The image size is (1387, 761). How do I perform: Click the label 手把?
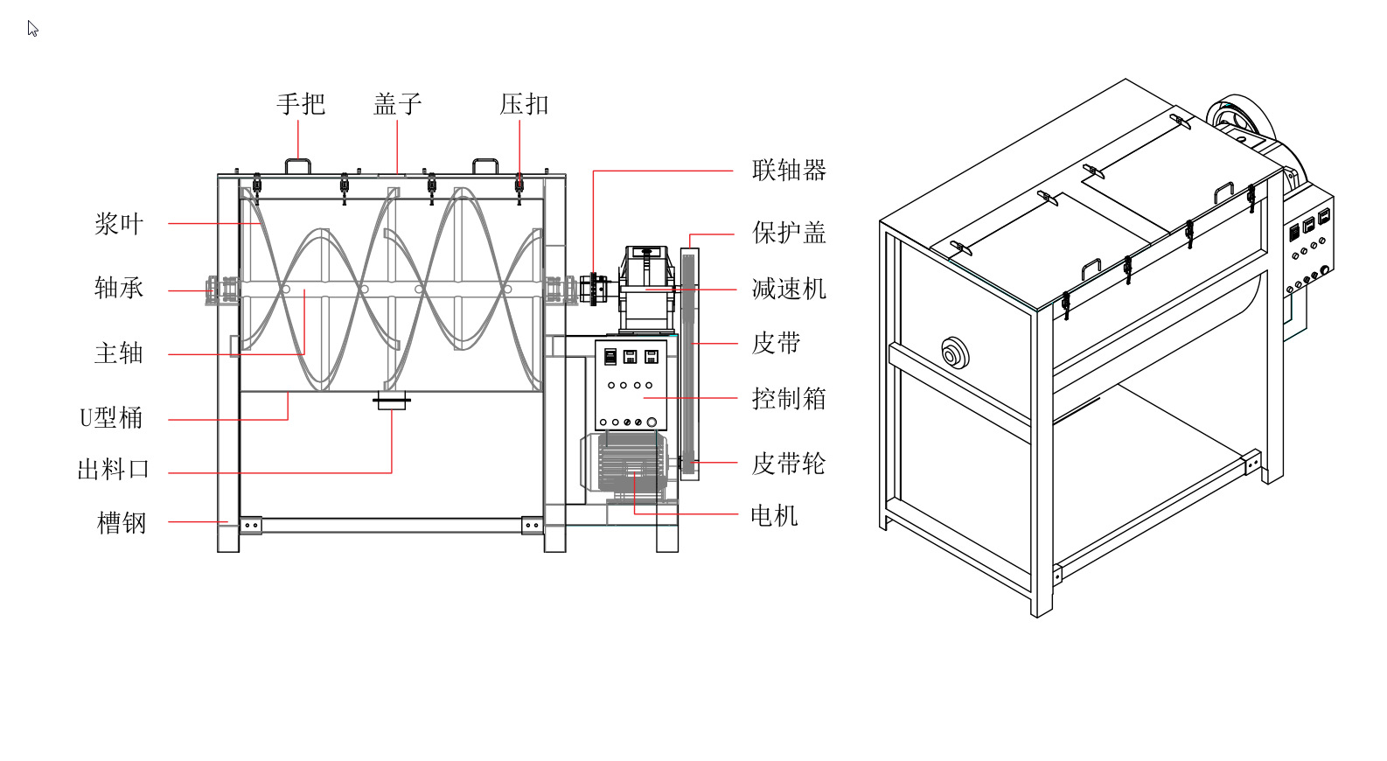pyautogui.click(x=301, y=104)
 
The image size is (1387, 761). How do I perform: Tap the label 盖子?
pyautogui.click(x=398, y=104)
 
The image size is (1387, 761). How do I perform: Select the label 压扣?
pyautogui.click(x=524, y=104)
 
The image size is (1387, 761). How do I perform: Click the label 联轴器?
pyautogui.click(x=789, y=170)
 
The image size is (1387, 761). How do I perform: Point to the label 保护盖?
pyautogui.click(x=789, y=233)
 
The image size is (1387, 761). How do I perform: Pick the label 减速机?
pyautogui.click(x=789, y=289)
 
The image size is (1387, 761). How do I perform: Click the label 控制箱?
pyautogui.click(x=789, y=399)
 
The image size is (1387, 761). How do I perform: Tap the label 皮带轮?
pyautogui.click(x=789, y=464)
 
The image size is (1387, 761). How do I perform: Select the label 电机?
pyautogui.click(x=774, y=515)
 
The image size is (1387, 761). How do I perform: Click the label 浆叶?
pyautogui.click(x=119, y=224)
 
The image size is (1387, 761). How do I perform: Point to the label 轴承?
pyautogui.click(x=119, y=288)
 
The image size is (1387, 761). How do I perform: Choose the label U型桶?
pyautogui.click(x=111, y=418)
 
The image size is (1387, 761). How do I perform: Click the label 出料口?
pyautogui.click(x=114, y=470)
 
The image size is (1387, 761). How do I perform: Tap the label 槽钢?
pyautogui.click(x=122, y=523)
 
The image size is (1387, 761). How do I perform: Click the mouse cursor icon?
pyautogui.click(x=32, y=29)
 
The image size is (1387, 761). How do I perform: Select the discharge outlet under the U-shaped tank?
pyautogui.click(x=392, y=402)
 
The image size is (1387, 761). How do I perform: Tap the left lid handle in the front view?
pyautogui.click(x=297, y=165)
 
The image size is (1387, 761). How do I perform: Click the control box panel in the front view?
pyautogui.click(x=631, y=385)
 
